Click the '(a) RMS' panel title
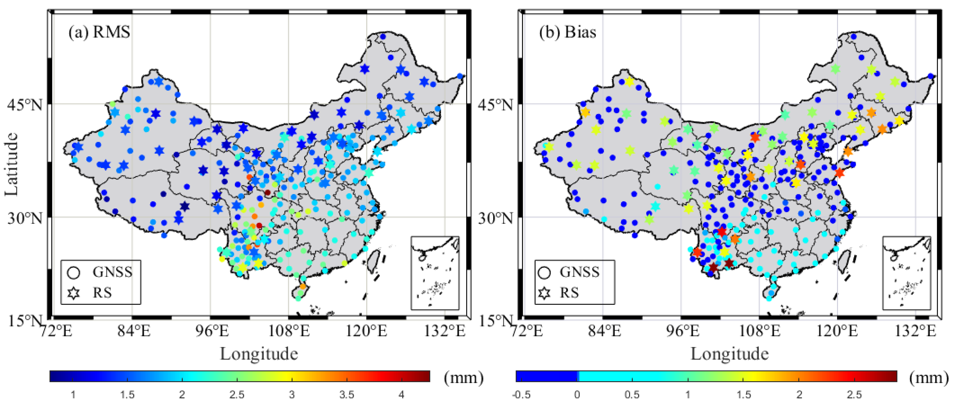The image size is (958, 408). [99, 32]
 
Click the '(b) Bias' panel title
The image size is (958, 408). [567, 32]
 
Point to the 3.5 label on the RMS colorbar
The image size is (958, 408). [347, 395]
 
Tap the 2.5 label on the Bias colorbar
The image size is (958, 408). [854, 395]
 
